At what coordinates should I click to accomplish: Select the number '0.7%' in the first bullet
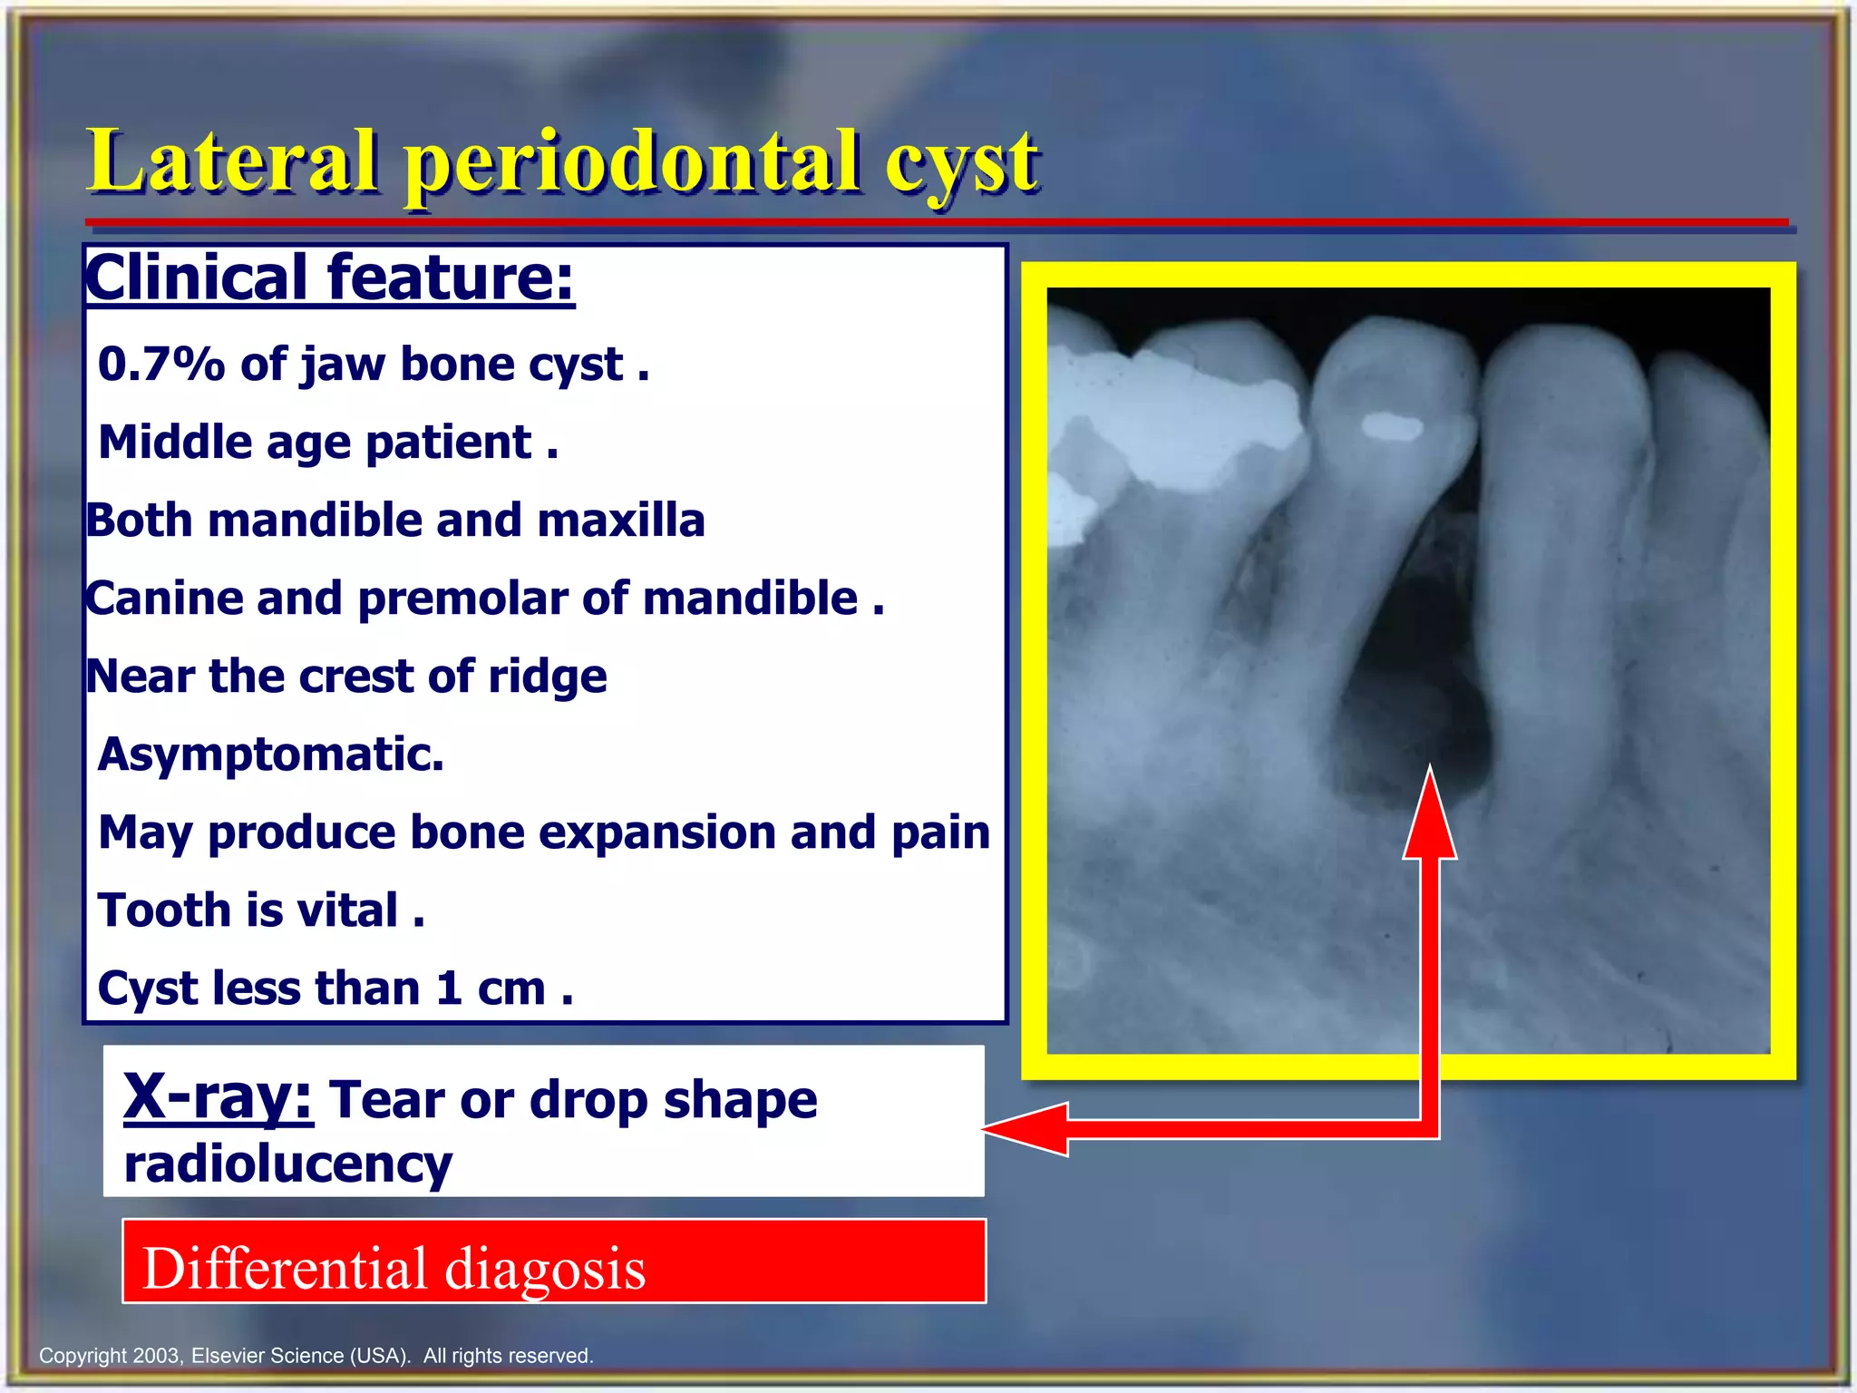click(x=160, y=365)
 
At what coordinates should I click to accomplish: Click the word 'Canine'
click(x=164, y=599)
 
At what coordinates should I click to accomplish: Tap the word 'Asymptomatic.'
click(x=271, y=755)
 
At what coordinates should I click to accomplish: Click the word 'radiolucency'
click(x=287, y=1164)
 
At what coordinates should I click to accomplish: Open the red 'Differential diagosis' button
click(x=554, y=1262)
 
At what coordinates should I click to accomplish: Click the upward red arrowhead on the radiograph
click(x=1430, y=816)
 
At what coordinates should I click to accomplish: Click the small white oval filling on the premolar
click(x=1392, y=426)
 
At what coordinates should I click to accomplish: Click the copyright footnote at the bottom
click(x=316, y=1356)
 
